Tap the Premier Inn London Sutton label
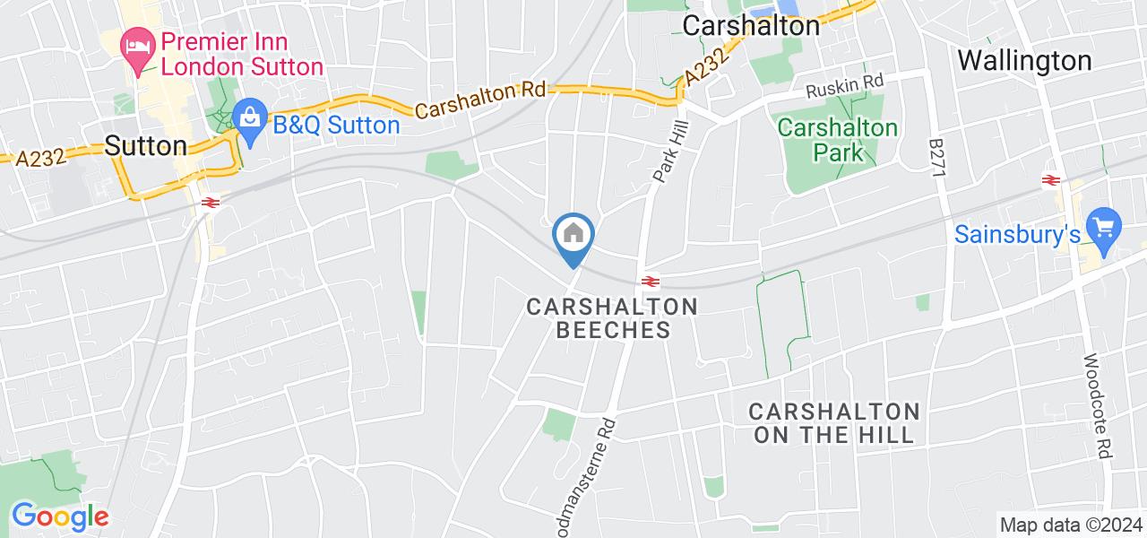241,54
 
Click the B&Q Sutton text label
336,125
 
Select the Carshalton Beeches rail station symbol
651,281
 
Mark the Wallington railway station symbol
1050,180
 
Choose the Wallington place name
1024,61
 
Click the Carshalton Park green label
838,140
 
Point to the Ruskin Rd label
844,87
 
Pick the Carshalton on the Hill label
834,422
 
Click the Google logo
60,516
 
